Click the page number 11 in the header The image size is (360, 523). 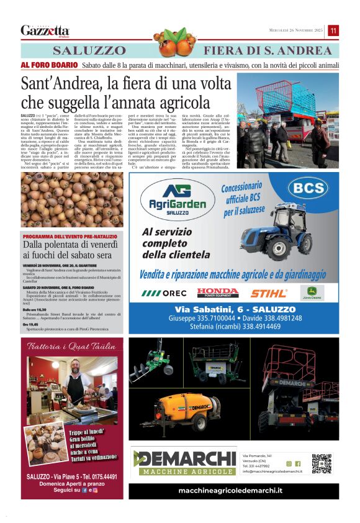click(333, 30)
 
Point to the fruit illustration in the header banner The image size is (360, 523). click(174, 42)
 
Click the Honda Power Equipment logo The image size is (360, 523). click(217, 293)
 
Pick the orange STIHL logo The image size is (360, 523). click(269, 293)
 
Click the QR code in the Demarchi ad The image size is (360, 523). click(322, 464)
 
